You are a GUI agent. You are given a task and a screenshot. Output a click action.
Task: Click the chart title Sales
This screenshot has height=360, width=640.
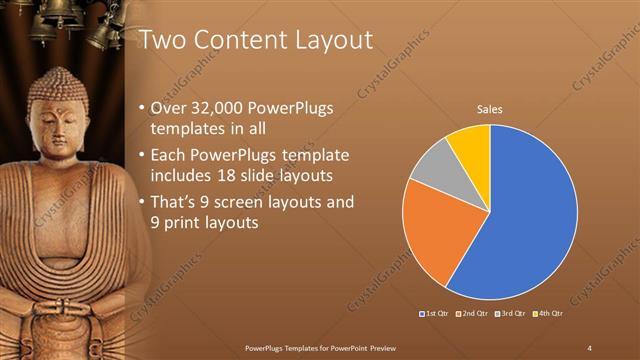[x=489, y=109]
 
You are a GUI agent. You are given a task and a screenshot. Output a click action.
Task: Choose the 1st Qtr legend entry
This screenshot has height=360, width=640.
[x=436, y=314]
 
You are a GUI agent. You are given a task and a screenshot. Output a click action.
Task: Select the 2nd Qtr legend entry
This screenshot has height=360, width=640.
[x=472, y=314]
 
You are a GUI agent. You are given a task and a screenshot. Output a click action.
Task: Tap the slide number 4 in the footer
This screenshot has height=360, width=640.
[x=589, y=347]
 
